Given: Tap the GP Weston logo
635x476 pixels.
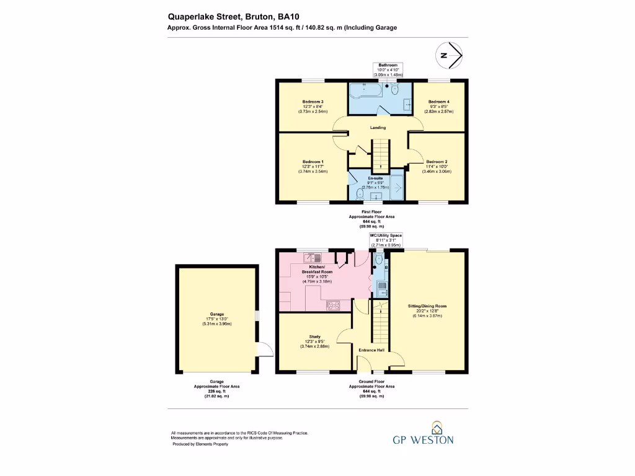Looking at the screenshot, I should [424, 434].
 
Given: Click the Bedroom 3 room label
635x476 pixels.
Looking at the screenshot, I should [313, 102].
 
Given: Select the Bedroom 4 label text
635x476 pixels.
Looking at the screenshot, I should [438, 102].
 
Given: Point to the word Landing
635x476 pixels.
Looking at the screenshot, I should [378, 128].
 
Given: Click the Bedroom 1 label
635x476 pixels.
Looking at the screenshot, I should [313, 161].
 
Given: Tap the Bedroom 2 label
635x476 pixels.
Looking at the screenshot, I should [437, 161].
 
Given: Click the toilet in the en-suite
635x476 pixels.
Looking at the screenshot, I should [360, 193].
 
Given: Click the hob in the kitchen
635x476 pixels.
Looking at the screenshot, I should [333, 304].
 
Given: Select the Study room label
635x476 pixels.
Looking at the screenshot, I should [314, 337].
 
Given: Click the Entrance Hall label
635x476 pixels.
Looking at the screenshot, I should [372, 350].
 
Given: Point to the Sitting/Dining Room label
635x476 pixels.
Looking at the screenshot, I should [427, 306].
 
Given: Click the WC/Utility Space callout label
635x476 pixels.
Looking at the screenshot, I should [386, 236].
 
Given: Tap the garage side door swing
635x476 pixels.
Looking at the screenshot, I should [265, 351].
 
